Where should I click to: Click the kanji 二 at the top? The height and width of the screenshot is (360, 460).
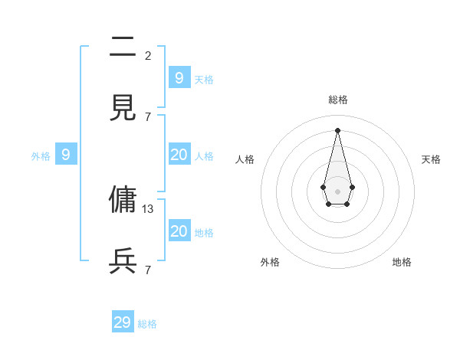pyautogui.click(x=123, y=47)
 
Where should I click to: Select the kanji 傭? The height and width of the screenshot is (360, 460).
pyautogui.click(x=123, y=200)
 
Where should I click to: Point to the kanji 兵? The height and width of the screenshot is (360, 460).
pyautogui.click(x=123, y=261)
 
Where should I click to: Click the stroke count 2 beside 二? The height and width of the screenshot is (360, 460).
pyautogui.click(x=148, y=55)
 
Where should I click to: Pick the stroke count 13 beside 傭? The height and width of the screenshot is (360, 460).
pyautogui.click(x=148, y=208)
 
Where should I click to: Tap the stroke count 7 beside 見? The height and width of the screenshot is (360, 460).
pyautogui.click(x=148, y=116)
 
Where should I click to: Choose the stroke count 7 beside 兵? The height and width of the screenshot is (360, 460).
pyautogui.click(x=148, y=270)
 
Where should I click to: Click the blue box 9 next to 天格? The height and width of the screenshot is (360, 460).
pyautogui.click(x=179, y=78)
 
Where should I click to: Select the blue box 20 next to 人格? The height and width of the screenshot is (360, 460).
pyautogui.click(x=179, y=155)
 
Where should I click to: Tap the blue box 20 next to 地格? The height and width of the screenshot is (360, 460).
pyautogui.click(x=179, y=231)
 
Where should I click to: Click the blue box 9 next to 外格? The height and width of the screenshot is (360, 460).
pyautogui.click(x=66, y=155)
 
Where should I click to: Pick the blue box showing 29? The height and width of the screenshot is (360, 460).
pyautogui.click(x=123, y=322)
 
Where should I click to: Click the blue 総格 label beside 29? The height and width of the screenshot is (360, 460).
pyautogui.click(x=147, y=324)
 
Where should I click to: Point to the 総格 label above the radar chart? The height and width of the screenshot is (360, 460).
pyautogui.click(x=338, y=100)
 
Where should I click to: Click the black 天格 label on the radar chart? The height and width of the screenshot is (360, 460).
pyautogui.click(x=431, y=159)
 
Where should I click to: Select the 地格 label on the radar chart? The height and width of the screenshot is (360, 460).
pyautogui.click(x=402, y=262)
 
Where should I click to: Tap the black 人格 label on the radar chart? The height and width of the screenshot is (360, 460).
pyautogui.click(x=245, y=159)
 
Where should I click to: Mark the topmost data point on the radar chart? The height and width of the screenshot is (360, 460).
pyautogui.click(x=337, y=129)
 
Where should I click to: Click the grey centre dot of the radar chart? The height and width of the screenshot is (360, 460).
pyautogui.click(x=337, y=191)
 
